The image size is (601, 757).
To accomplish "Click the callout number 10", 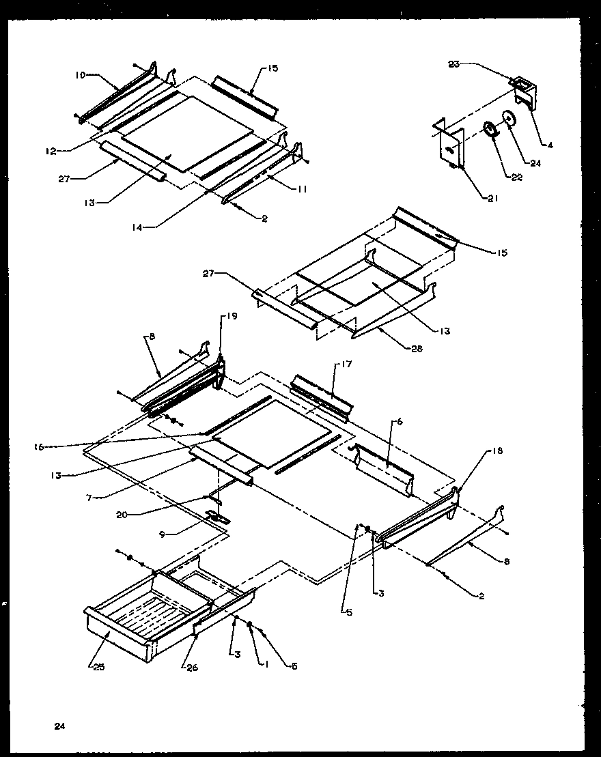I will click(x=81, y=75).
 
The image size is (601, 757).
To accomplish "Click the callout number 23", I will click(x=453, y=63).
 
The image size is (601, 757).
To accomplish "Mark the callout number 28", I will click(x=416, y=348).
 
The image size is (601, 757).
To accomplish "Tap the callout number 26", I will click(x=192, y=667).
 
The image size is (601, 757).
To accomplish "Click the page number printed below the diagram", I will click(x=60, y=726).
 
